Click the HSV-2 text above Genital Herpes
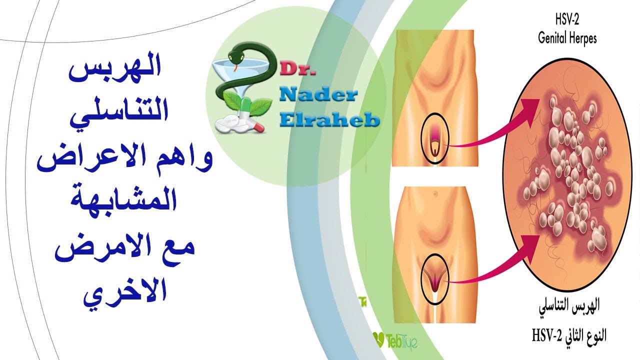click(567, 20)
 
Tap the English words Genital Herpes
click(567, 39)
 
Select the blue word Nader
click(318, 95)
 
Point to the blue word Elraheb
click(329, 120)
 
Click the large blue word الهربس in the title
click(115, 71)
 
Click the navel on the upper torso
click(435, 37)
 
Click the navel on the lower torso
click(435, 194)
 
